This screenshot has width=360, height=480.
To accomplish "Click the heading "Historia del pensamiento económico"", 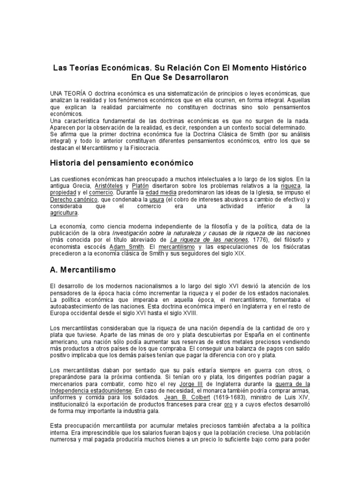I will click(x=115, y=163).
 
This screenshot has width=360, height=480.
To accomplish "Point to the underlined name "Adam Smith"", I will click(x=125, y=247).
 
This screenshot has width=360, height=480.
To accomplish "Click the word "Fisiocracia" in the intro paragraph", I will click(x=141, y=148).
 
